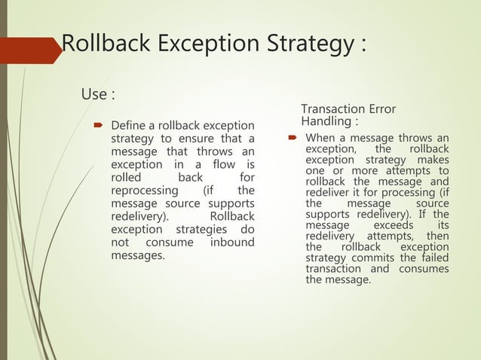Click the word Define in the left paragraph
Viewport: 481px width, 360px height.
(129, 124)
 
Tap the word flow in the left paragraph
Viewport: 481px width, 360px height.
(219, 164)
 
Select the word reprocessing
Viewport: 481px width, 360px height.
(146, 191)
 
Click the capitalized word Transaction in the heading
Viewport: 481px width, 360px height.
(330, 109)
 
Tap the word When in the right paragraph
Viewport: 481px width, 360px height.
(320, 139)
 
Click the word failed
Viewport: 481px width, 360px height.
(433, 258)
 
